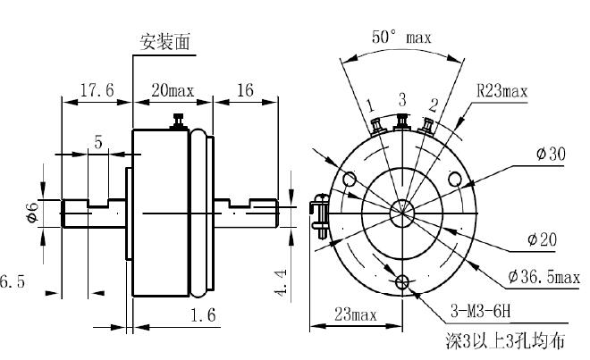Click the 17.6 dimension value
pos(96,90)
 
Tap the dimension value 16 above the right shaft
pos(247,90)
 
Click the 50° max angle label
pos(401,38)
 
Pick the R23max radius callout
pos(501,90)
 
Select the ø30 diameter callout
pos(551,154)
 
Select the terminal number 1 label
pos(368,106)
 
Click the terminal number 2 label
pos(433,105)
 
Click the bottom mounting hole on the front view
pos(402,283)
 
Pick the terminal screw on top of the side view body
pos(180,121)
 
